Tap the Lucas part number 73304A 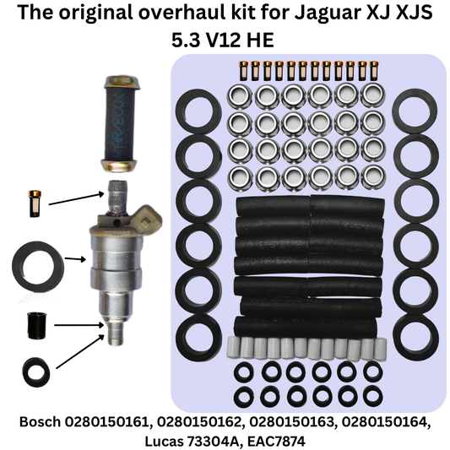(213, 441)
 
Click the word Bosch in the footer (40, 422)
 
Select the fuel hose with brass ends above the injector (122, 124)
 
